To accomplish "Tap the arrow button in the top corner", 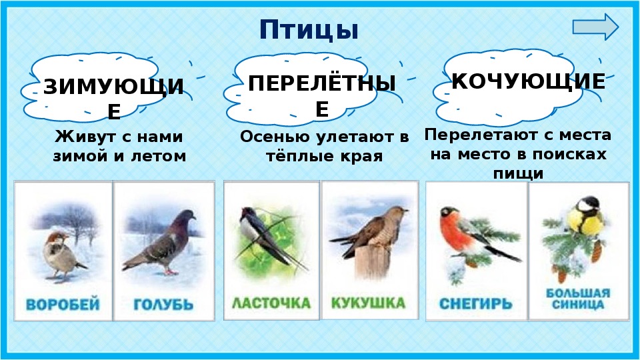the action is (595, 27).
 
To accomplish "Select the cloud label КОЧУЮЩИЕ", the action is (529, 81).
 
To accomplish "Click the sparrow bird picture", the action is (62, 256).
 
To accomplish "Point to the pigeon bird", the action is (159, 241).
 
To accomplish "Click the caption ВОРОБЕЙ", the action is (63, 305).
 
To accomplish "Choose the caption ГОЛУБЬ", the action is (163, 305).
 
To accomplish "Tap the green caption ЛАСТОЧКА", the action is (271, 303).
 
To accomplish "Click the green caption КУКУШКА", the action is (368, 303).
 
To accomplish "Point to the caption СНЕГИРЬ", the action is (475, 304).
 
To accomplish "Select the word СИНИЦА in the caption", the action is (577, 304).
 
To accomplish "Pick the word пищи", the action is (519, 174).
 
